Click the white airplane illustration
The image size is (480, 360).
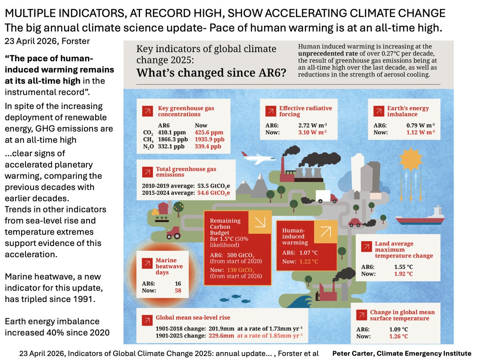(x=255, y=157)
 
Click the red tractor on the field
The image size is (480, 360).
(x=174, y=231)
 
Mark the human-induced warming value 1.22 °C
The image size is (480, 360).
(x=309, y=262)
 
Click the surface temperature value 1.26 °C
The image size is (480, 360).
(x=398, y=336)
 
